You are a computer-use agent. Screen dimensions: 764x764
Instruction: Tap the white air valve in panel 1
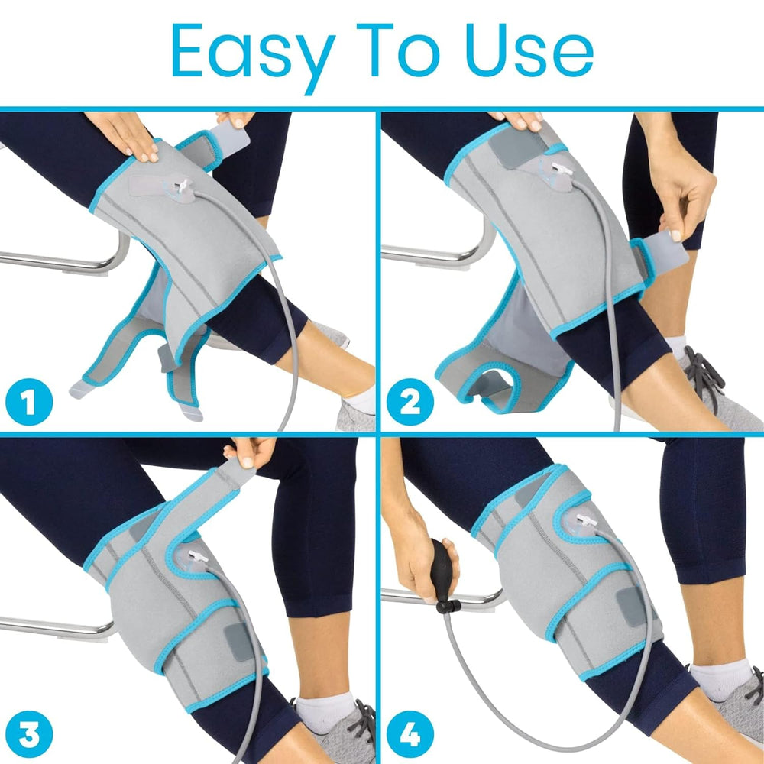tap(183, 187)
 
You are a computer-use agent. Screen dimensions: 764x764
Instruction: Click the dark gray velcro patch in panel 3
tap(242, 642)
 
